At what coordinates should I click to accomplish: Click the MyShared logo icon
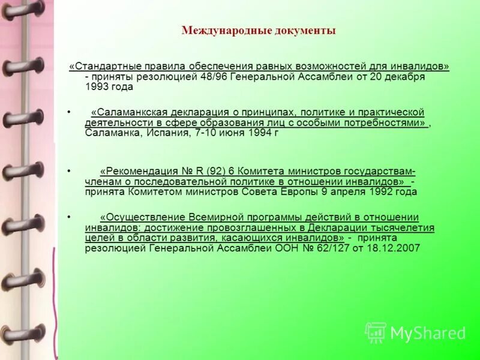375,332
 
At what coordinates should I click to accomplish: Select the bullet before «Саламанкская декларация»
70,112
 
